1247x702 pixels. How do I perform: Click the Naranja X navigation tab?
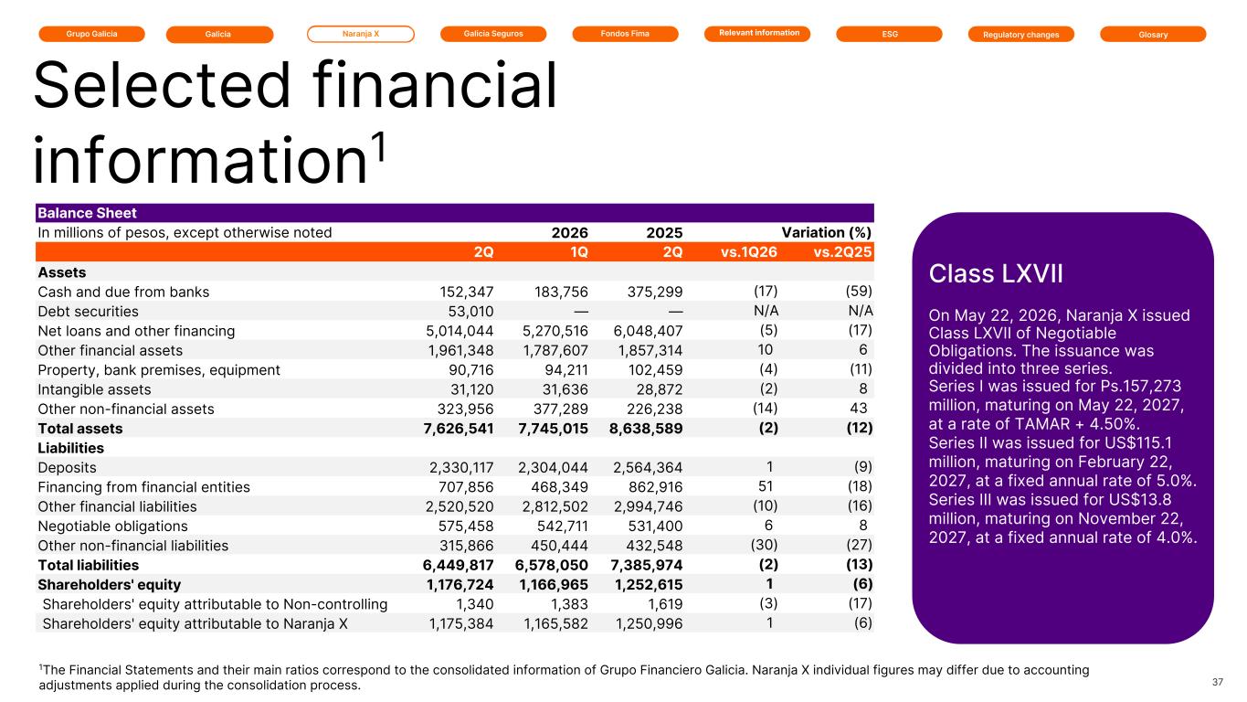point(361,34)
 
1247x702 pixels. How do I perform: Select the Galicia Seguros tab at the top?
point(493,34)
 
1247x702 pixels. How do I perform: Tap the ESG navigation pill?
point(889,34)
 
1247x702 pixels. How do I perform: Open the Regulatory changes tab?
point(1021,35)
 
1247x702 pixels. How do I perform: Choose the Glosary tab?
point(1153,35)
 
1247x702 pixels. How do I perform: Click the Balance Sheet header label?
point(87,213)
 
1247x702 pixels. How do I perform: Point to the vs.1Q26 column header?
point(749,252)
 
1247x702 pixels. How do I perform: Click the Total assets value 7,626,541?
point(459,429)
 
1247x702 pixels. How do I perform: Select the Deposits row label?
point(67,467)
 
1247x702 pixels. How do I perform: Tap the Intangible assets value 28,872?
point(660,389)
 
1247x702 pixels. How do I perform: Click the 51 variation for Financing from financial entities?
point(766,486)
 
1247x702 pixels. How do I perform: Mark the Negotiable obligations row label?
point(112,526)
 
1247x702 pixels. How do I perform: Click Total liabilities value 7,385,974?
point(646,565)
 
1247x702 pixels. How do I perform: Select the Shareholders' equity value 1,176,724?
point(460,584)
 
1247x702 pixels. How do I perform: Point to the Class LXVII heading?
point(996,273)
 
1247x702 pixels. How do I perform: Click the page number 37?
point(1218,682)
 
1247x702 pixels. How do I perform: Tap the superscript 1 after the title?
point(380,146)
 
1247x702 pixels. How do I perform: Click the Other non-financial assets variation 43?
point(859,409)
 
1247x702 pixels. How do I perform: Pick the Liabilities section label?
point(70,448)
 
